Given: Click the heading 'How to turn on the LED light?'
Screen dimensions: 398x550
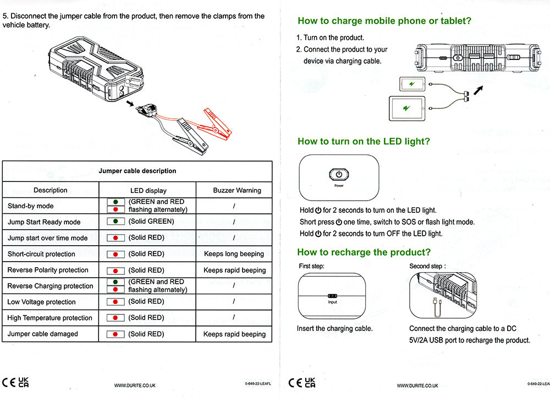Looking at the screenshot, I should pos(364,141).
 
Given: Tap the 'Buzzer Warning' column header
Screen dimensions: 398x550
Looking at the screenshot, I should pos(237,190).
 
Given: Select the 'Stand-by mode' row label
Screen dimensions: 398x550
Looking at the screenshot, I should pos(31,206).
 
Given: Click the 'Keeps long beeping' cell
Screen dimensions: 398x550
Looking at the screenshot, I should pos(234,254).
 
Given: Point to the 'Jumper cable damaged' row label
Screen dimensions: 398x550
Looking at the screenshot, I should pos(43,334).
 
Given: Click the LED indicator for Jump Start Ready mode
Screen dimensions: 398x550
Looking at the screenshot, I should pos(116,222).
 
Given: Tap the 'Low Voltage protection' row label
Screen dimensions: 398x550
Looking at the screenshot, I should pos(42,302).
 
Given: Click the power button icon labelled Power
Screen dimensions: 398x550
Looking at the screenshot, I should pos(339,175).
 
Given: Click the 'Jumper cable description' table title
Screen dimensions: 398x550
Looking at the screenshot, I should pos(137,171).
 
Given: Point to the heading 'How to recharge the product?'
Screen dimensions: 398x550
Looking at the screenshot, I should pos(364,252).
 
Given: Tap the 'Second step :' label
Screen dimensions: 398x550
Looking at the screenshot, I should pos(427,266).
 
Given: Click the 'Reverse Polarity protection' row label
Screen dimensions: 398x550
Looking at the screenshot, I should pos(48,270).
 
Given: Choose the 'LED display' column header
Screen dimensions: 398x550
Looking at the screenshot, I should pos(148,190).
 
